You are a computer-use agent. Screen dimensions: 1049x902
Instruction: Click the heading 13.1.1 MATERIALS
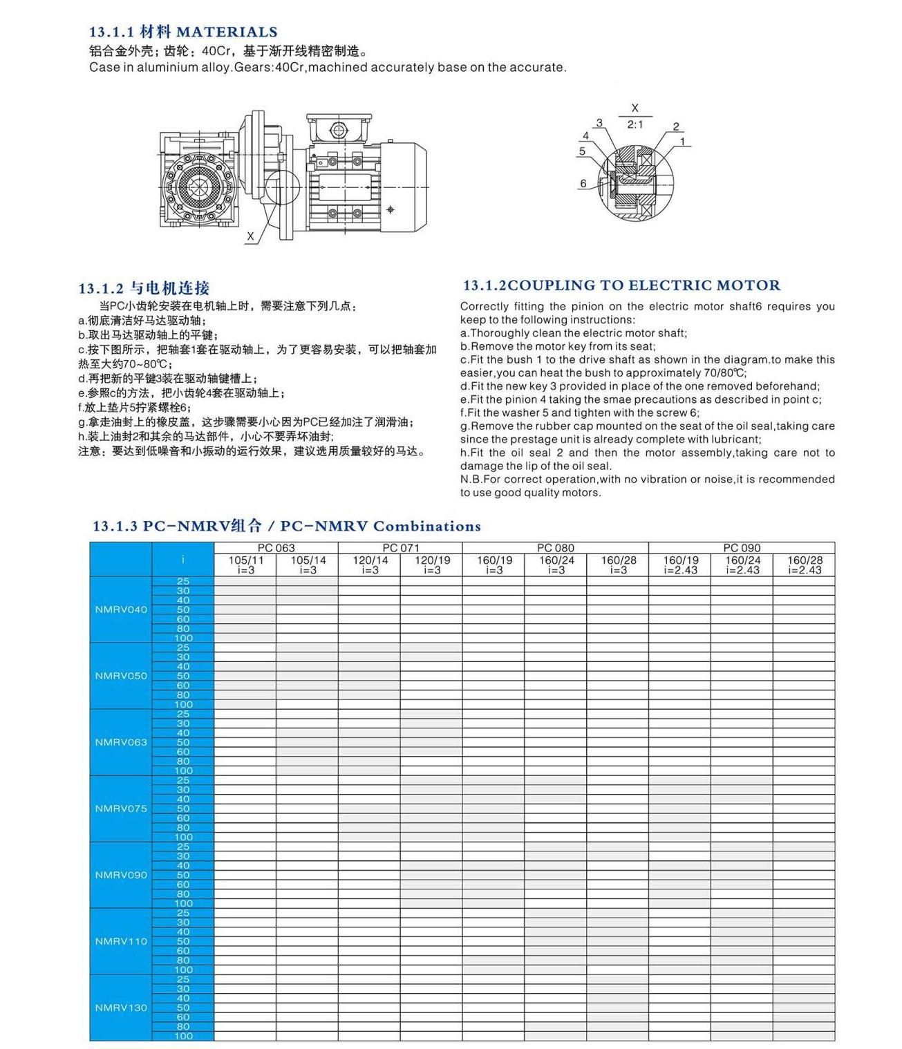(183, 32)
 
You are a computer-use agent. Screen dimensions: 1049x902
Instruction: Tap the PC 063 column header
(276, 548)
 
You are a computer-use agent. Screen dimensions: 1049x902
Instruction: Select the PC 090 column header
(742, 548)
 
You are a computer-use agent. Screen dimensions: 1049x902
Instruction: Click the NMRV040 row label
(121, 609)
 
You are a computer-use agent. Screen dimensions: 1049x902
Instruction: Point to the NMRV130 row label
(121, 1008)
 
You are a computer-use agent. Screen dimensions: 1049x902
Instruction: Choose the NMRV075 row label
(121, 809)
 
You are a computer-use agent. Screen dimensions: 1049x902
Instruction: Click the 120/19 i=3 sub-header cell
(432, 565)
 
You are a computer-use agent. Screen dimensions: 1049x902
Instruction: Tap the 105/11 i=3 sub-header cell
(245, 565)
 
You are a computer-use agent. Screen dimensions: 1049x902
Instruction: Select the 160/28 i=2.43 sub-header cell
(805, 565)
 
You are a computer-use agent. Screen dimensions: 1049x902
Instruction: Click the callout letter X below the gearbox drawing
(250, 236)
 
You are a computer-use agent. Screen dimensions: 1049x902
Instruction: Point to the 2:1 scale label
(635, 125)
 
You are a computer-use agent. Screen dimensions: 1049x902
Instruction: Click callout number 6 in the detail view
(583, 184)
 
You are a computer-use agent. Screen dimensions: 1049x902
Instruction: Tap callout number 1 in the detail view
(682, 142)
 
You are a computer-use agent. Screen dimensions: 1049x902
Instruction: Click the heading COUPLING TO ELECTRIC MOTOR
(621, 285)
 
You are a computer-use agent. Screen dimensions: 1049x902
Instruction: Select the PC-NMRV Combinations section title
(286, 527)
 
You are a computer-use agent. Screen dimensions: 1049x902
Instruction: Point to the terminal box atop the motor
(338, 129)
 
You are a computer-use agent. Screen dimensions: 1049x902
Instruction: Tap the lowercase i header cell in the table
(183, 560)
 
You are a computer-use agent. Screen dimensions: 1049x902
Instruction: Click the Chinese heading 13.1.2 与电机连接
(144, 289)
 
